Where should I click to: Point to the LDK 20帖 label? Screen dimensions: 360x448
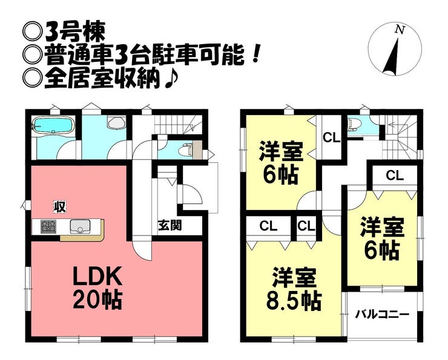(x=99, y=287)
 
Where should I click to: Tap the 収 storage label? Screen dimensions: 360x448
(x=59, y=206)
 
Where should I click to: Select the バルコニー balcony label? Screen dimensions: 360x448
(x=382, y=314)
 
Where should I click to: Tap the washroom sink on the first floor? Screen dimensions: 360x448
(x=115, y=123)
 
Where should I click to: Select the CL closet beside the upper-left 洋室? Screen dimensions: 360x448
(x=331, y=137)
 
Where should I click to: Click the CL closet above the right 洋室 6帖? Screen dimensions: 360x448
(x=395, y=176)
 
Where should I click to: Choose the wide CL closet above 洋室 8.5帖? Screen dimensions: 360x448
(x=268, y=226)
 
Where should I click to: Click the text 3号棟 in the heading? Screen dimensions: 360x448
(x=73, y=28)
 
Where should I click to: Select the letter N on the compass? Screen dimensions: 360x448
(x=398, y=28)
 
